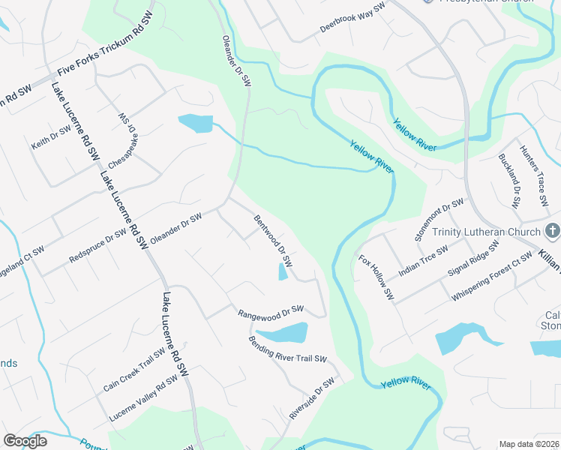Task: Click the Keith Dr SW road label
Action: [52, 136]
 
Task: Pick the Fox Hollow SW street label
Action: [376, 277]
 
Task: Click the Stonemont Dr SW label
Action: [439, 220]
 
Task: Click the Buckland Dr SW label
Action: [509, 181]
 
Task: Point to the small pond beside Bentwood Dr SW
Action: [283, 271]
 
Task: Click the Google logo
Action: [25, 441]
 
